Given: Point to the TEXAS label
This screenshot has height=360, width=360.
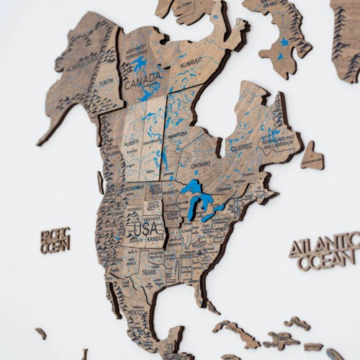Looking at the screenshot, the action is [149, 273].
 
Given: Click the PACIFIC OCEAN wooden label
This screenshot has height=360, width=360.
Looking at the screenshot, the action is [55, 240].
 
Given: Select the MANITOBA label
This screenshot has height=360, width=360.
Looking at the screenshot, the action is [176, 135].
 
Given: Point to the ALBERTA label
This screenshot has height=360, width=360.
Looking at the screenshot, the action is [132, 143].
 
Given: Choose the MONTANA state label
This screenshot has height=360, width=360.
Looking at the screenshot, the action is [134, 186].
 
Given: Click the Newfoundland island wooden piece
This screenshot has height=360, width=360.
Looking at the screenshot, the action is [312, 157].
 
